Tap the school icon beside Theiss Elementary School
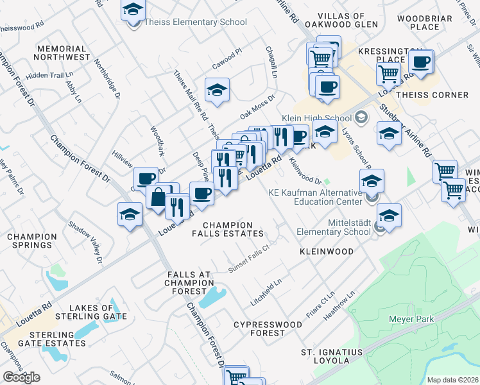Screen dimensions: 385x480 [133, 11]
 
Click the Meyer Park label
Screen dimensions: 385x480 [411, 319]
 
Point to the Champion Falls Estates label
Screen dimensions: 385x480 [233, 229]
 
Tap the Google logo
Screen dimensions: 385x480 [21, 377]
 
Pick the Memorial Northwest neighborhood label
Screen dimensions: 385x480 [64, 53]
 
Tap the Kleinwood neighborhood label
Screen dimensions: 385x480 [326, 252]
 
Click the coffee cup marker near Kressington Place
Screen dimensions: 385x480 [421, 62]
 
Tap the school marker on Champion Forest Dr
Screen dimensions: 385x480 [130, 214]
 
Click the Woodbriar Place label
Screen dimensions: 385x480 [427, 22]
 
